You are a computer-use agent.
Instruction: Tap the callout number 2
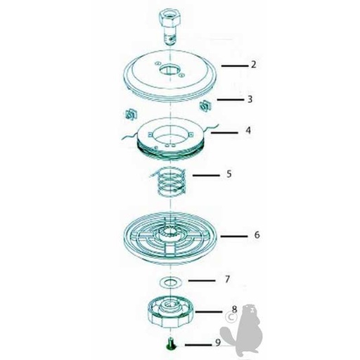pyautogui.click(x=252, y=64)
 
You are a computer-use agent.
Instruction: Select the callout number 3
pyautogui.click(x=250, y=100)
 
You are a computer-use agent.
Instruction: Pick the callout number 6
pyautogui.click(x=257, y=234)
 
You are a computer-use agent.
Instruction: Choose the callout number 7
pyautogui.click(x=226, y=279)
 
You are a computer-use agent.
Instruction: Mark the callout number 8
pyautogui.click(x=233, y=309)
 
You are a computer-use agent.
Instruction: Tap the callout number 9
pyautogui.click(x=217, y=343)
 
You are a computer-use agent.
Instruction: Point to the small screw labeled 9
pyautogui.click(x=170, y=345)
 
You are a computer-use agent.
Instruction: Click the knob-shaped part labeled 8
pyautogui.click(x=172, y=311)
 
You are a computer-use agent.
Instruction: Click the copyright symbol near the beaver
pyautogui.click(x=229, y=318)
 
